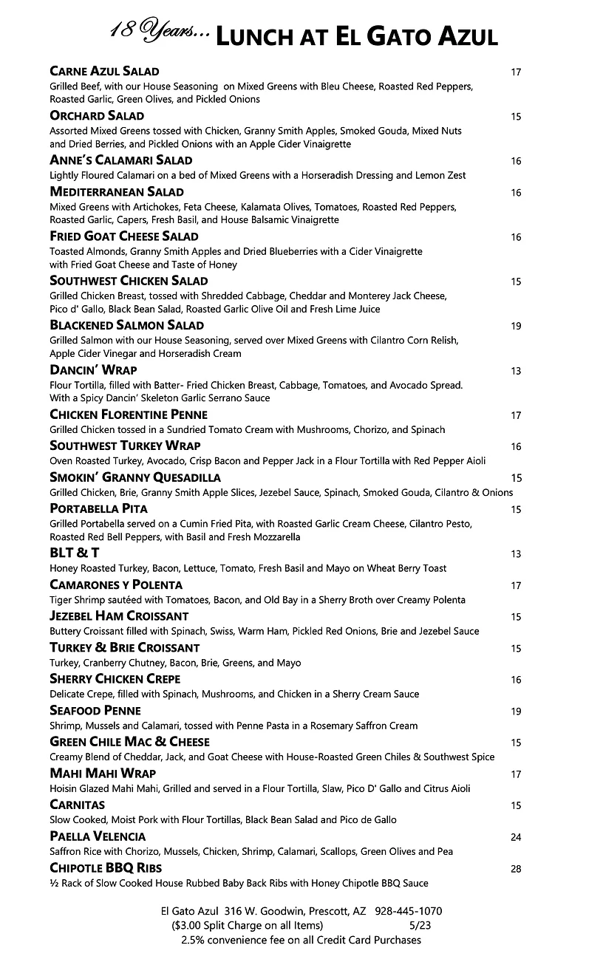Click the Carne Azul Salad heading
(104, 72)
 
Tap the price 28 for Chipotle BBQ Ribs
(516, 869)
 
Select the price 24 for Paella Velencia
(516, 837)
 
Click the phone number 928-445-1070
(409, 912)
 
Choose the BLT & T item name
(74, 553)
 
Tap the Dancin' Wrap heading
(93, 370)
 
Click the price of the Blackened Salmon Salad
(516, 326)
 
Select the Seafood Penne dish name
(95, 711)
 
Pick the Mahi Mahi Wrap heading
(103, 774)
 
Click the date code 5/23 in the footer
(421, 925)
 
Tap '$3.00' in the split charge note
(190, 925)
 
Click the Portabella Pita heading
(98, 508)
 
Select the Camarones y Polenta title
(116, 584)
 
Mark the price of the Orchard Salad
(516, 117)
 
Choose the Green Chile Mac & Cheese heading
(129, 742)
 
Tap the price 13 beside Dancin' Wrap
(516, 371)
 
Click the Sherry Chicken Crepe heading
(115, 679)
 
